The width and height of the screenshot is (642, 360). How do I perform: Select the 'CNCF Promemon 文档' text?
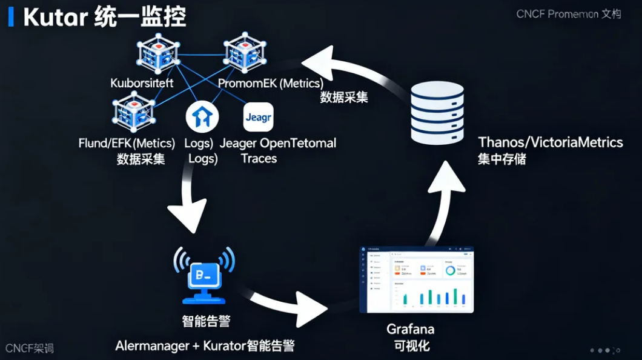pyautogui.click(x=568, y=14)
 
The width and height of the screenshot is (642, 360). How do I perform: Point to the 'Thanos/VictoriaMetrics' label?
pyautogui.click(x=550, y=142)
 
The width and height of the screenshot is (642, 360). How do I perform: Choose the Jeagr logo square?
pyautogui.click(x=258, y=117)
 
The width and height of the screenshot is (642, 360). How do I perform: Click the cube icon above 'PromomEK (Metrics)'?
pyautogui.click(x=245, y=55)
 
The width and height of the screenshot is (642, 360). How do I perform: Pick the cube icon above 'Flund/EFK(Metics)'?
pyautogui.click(x=132, y=113)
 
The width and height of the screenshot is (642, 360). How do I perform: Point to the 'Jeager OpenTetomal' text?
pyautogui.click(x=277, y=144)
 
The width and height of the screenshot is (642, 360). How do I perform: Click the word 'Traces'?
pyautogui.click(x=259, y=159)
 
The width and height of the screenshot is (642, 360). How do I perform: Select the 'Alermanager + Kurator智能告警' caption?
pyautogui.click(x=205, y=346)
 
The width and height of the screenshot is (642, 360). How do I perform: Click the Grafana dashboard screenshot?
pyautogui.click(x=417, y=279)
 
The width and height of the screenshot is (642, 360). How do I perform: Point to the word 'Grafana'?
pyautogui.click(x=410, y=330)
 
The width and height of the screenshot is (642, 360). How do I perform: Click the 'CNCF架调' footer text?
pyautogui.click(x=29, y=348)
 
